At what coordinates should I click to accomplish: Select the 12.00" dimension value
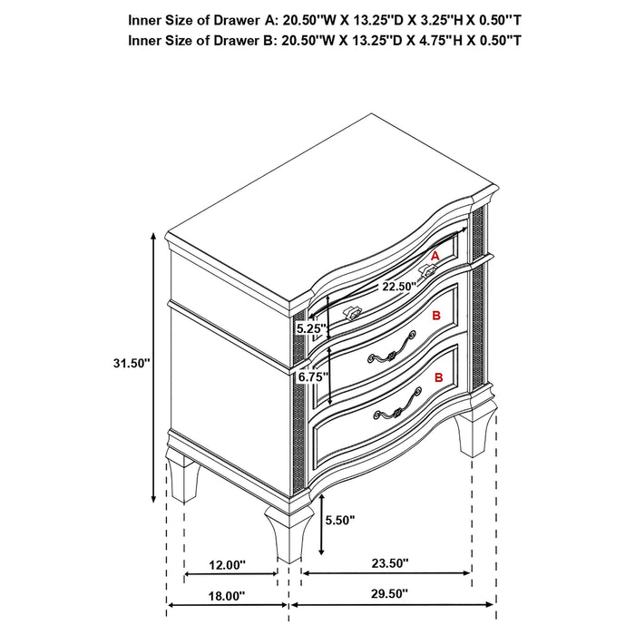pos(228,565)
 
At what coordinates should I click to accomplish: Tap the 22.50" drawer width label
pos(398,286)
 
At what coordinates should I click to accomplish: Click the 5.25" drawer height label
pos(309,328)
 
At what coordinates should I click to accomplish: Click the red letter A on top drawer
pos(435,257)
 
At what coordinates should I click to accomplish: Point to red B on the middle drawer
pos(436,317)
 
